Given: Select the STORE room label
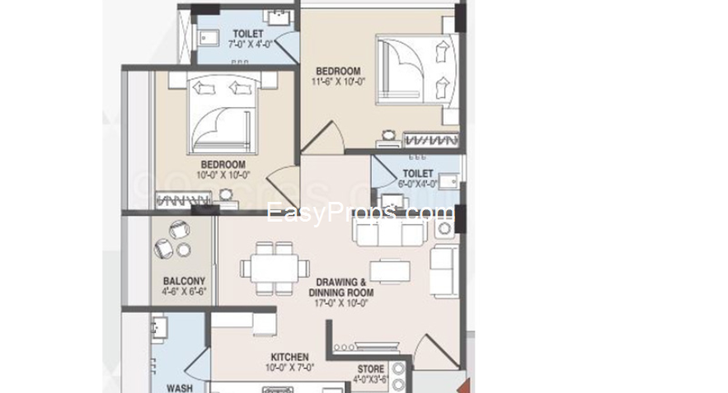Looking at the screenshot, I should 370,370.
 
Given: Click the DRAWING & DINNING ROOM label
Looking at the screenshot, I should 341,288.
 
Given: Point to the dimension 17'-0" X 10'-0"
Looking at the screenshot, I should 341,302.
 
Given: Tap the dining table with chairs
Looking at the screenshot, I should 270,267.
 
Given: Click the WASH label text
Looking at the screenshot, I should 179,387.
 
